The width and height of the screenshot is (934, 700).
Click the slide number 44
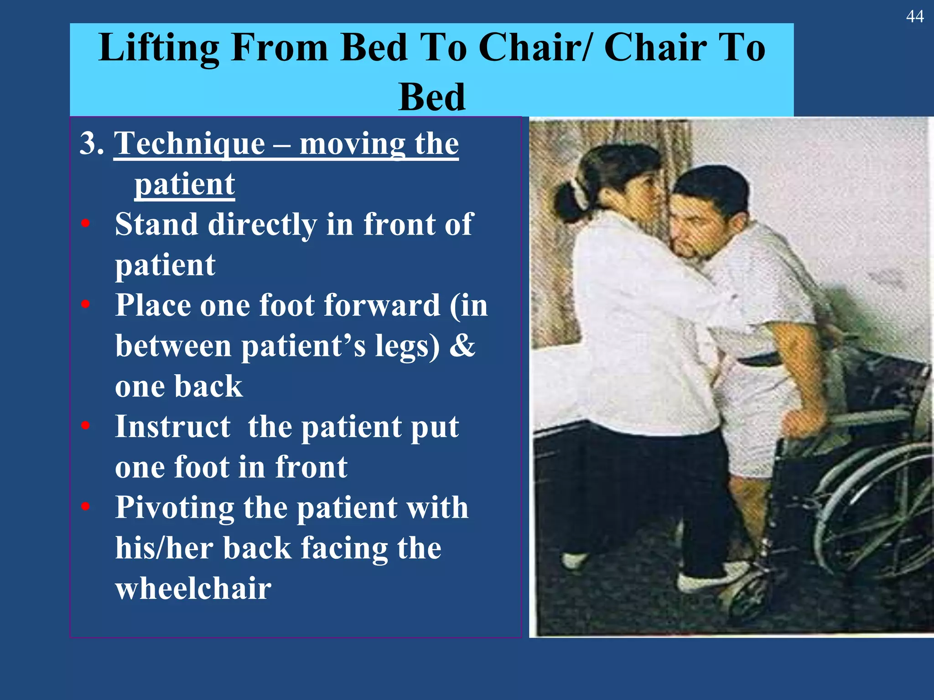click(914, 17)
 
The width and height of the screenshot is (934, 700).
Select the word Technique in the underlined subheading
click(189, 144)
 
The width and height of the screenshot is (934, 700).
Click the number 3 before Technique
click(88, 144)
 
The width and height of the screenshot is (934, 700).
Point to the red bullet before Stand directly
click(85, 224)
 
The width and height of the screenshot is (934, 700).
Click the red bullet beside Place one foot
click(85, 304)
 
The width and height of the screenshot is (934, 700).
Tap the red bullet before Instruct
click(85, 426)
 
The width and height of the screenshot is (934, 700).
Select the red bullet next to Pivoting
click(85, 507)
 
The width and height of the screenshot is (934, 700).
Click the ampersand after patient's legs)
click(462, 345)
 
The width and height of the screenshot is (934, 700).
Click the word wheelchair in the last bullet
click(193, 588)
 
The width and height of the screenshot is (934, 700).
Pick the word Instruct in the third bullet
click(172, 427)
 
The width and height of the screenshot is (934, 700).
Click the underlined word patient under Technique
click(184, 185)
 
